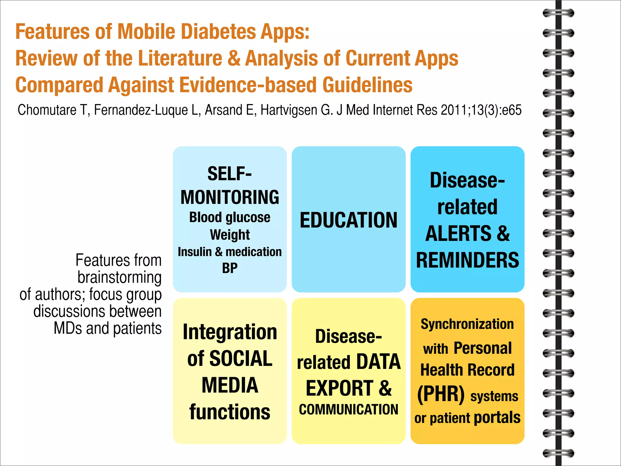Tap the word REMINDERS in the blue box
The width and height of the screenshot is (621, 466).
467,260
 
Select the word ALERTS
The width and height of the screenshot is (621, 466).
458,233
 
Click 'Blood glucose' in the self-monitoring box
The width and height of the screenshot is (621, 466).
230,217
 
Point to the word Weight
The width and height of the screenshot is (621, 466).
230,235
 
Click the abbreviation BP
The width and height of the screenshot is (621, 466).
230,268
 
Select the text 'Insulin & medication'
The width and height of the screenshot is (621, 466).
230,252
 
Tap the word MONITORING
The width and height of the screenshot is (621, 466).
230,197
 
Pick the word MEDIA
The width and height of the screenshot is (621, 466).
230,385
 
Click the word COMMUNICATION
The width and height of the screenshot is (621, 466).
348,410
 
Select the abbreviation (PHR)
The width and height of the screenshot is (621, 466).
441,394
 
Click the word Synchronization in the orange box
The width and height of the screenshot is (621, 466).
467,324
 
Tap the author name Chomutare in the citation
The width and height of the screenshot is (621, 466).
47,110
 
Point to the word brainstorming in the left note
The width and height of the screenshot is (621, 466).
119,277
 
